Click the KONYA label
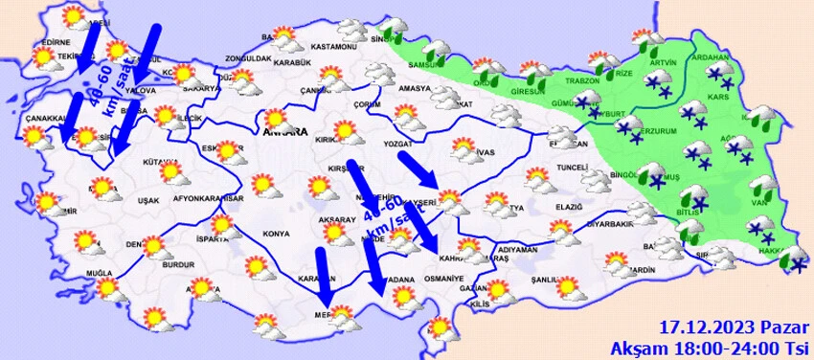(276, 233)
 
